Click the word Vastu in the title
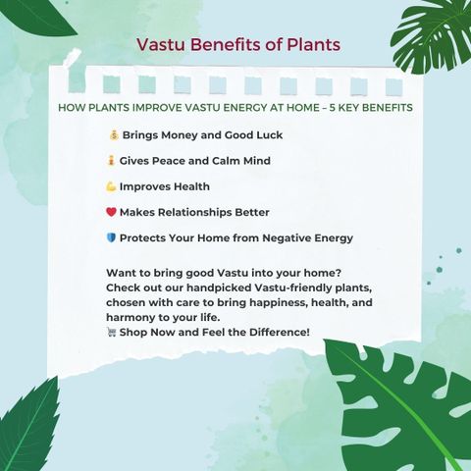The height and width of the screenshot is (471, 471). [x=161, y=44]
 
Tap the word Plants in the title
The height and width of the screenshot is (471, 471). [x=314, y=44]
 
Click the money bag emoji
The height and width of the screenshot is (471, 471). [x=114, y=134]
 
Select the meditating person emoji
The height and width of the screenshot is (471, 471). [x=111, y=161]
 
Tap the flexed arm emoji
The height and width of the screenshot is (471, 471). [x=111, y=186]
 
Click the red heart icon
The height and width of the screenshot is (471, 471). [x=111, y=212]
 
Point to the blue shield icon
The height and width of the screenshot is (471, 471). [x=111, y=237]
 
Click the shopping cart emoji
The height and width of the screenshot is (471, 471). [x=111, y=333]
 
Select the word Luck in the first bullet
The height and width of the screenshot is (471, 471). [x=269, y=134]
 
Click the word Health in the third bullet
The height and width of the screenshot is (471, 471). [x=191, y=186]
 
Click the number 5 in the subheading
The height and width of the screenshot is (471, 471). [x=332, y=108]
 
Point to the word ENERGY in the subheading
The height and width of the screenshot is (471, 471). [x=243, y=108]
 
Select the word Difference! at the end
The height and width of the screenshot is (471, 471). [x=280, y=332]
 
